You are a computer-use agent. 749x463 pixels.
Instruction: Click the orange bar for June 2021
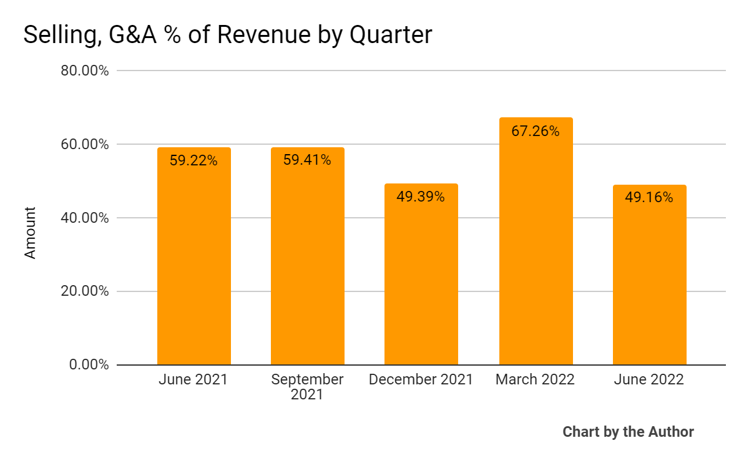click(193, 262)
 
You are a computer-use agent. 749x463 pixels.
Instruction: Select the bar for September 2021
click(307, 262)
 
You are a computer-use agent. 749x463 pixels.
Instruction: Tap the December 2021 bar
click(421, 281)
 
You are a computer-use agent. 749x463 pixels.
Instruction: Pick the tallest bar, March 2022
click(536, 250)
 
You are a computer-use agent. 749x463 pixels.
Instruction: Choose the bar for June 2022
click(649, 281)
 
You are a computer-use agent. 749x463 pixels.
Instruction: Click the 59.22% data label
click(193, 161)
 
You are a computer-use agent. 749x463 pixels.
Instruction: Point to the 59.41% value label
click(307, 160)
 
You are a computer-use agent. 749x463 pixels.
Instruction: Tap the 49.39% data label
click(421, 197)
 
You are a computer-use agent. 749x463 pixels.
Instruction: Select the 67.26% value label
click(536, 131)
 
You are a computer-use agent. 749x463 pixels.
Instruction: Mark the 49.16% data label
click(649, 198)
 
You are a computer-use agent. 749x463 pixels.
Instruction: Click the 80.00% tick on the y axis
click(85, 71)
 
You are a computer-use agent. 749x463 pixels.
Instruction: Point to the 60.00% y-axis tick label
click(85, 144)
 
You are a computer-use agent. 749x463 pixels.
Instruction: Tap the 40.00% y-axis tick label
click(85, 218)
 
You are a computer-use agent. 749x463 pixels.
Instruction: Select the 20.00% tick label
click(85, 291)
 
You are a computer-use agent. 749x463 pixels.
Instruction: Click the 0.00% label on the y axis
click(89, 364)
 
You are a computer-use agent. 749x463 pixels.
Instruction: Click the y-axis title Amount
click(31, 233)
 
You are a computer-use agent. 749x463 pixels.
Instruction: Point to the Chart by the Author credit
click(628, 432)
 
